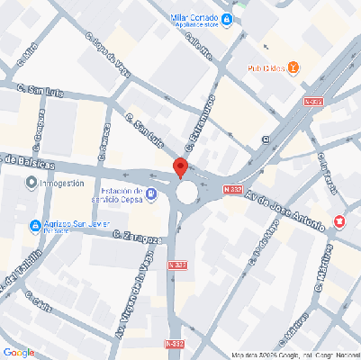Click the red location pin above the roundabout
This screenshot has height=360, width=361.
179,167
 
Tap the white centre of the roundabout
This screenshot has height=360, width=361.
186,192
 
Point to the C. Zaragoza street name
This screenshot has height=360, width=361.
138,237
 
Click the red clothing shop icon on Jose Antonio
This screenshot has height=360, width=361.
339,220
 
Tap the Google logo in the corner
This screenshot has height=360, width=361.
18,352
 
